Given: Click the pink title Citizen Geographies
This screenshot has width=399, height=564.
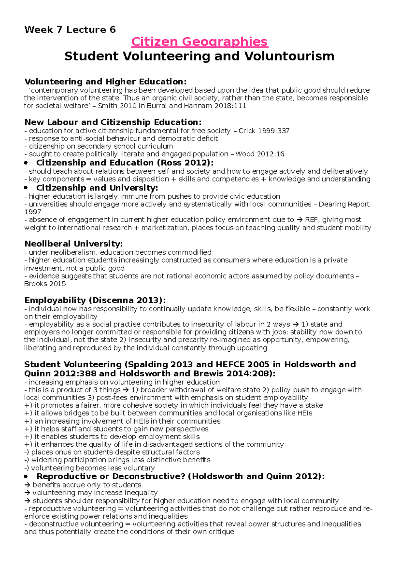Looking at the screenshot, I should point(199,42).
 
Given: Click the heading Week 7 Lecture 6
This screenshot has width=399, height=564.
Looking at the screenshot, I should point(70,30).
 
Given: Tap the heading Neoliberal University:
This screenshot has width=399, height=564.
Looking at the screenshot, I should point(73,244).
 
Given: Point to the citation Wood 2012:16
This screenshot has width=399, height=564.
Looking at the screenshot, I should point(260,154).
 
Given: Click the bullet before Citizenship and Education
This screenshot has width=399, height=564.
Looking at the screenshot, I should point(26,163).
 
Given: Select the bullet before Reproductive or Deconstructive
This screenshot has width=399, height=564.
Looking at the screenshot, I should point(26,477).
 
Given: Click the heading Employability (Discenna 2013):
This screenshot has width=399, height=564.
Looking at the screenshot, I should point(95,300).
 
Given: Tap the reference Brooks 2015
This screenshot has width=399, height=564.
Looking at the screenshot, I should point(45,284).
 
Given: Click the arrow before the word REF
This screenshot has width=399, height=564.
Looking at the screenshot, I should point(299,220).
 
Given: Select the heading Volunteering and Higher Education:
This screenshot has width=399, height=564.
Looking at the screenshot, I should point(105,82).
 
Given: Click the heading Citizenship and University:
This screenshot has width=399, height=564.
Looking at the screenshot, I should point(97,188).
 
